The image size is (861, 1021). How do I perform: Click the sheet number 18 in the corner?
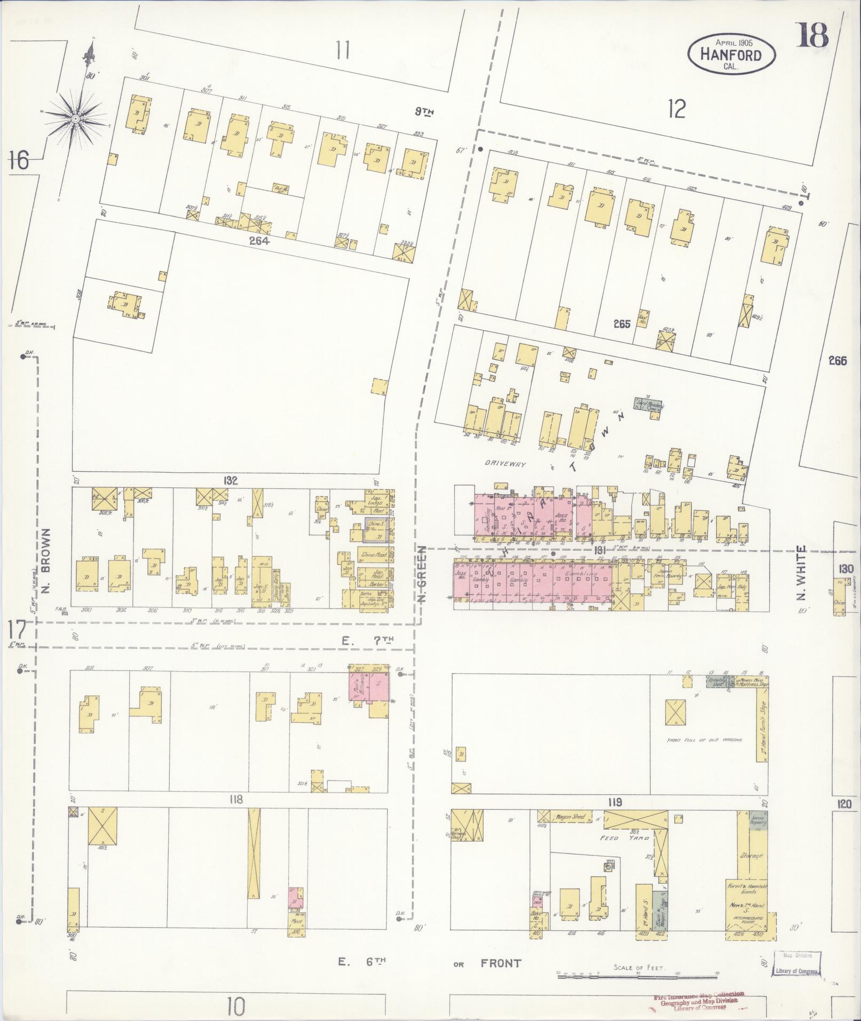click(812, 36)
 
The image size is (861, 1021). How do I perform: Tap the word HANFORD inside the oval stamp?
click(730, 54)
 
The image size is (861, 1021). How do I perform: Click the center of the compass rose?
click(75, 117)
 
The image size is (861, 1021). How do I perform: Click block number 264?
click(258, 241)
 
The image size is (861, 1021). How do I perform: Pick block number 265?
click(622, 324)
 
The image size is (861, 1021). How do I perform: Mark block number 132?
click(231, 480)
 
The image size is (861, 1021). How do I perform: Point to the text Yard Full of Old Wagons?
click(704, 741)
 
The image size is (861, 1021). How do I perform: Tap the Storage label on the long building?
click(751, 856)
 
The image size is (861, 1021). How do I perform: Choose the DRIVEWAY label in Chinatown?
click(505, 464)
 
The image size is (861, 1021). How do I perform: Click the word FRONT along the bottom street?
click(500, 963)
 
